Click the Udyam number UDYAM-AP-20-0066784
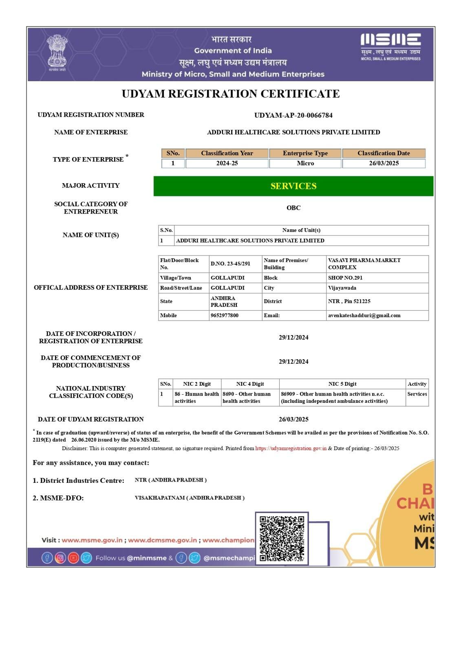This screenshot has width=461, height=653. tap(293, 115)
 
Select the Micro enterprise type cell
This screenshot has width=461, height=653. tap(305, 163)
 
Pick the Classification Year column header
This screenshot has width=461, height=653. tap(227, 153)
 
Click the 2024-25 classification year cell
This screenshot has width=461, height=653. tap(227, 163)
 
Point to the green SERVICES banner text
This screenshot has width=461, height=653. tap(293, 186)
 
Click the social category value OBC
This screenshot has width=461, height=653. tap(293, 208)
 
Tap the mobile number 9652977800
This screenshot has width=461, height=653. tap(225, 315)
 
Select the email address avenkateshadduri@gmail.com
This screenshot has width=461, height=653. tap(364, 315)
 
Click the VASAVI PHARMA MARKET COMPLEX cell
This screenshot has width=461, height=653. tap(364, 264)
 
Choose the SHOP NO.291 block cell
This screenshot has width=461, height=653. tap(345, 278)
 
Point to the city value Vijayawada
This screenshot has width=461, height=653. tap(342, 288)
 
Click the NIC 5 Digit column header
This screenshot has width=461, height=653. tap(342, 384)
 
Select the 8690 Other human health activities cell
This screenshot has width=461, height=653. tap(247, 398)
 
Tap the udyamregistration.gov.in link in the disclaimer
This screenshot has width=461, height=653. tap(291, 449)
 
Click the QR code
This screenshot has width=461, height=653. tap(282, 538)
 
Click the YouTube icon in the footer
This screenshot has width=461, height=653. tap(73, 558)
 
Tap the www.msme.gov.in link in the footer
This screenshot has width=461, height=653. tap(92, 540)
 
